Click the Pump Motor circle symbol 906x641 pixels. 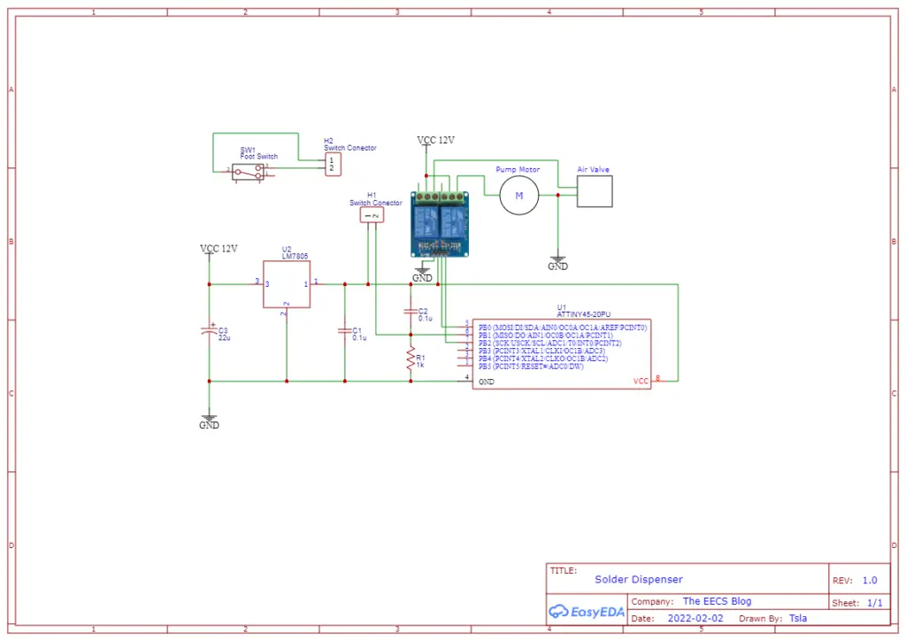[x=518, y=195]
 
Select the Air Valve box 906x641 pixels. [x=595, y=190]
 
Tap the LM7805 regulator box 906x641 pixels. [x=287, y=284]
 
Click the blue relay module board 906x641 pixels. [x=440, y=223]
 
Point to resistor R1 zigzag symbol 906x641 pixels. [x=410, y=359]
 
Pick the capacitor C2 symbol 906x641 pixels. [x=410, y=312]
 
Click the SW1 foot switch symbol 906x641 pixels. [x=249, y=171]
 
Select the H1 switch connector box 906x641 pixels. [x=372, y=215]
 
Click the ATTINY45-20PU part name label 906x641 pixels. [x=583, y=314]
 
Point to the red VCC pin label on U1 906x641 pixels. [x=641, y=381]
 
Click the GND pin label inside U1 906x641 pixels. [x=487, y=382]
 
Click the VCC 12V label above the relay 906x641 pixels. [x=435, y=141]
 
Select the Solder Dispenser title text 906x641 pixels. [x=638, y=579]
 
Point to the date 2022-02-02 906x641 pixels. [x=695, y=618]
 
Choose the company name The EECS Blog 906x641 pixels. [x=717, y=601]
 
